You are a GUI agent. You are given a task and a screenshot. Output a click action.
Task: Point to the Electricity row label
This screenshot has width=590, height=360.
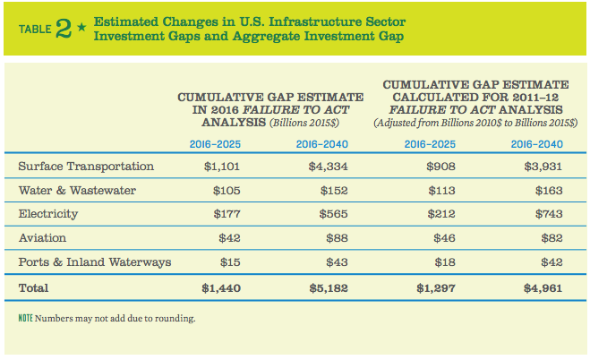(48, 215)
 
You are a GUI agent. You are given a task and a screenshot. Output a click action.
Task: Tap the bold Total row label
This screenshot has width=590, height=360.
(34, 289)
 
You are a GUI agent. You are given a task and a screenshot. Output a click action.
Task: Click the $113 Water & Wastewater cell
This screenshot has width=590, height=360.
(443, 191)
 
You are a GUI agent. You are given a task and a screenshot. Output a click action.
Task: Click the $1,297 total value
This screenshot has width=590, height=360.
(436, 289)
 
